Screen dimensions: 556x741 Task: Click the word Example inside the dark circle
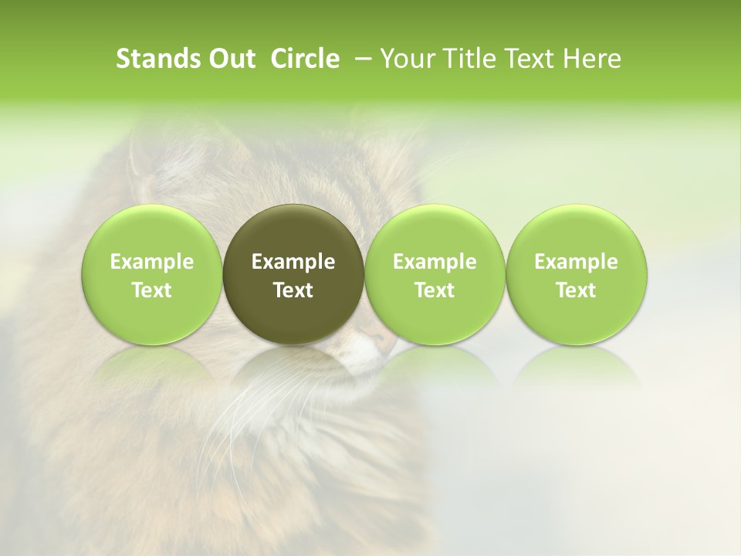293,263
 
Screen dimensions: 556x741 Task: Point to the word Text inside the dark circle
293,290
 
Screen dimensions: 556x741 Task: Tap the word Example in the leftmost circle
151,263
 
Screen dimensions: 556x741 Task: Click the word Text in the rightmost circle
577,290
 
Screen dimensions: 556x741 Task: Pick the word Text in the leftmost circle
151,290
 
